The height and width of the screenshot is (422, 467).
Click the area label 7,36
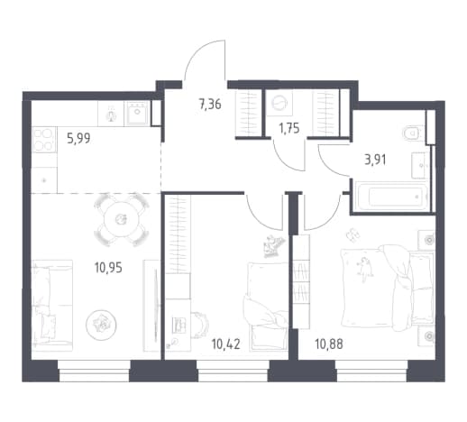point(210,105)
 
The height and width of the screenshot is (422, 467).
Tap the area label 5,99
point(78,139)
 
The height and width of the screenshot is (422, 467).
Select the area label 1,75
point(288,129)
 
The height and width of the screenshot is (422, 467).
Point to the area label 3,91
point(375,160)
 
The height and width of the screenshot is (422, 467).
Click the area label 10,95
point(108,267)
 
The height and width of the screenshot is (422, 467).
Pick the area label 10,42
point(225,344)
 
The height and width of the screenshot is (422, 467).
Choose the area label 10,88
point(329,344)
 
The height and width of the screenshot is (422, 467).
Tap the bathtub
point(391,197)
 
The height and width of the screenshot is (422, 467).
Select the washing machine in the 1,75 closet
point(279,103)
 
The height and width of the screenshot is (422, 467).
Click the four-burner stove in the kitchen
point(44,140)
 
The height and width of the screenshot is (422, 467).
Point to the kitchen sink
point(137,113)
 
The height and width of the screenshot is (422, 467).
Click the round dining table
point(121,220)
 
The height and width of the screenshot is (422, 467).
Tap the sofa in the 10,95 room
point(52,305)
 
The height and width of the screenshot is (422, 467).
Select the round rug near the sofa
point(101,325)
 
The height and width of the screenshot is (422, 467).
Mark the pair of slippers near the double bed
point(353,234)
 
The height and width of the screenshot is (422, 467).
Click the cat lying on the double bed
point(364,269)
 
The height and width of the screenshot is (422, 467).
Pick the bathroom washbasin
point(420,165)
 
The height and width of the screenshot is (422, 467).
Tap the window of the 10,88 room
point(371,371)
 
